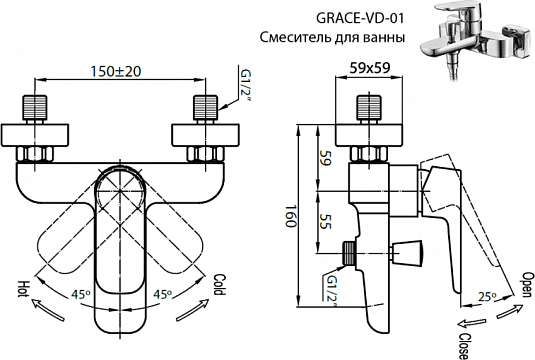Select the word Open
[x=520, y=285]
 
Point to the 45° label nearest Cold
[x=163, y=295]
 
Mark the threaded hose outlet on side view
[x=349, y=253]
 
